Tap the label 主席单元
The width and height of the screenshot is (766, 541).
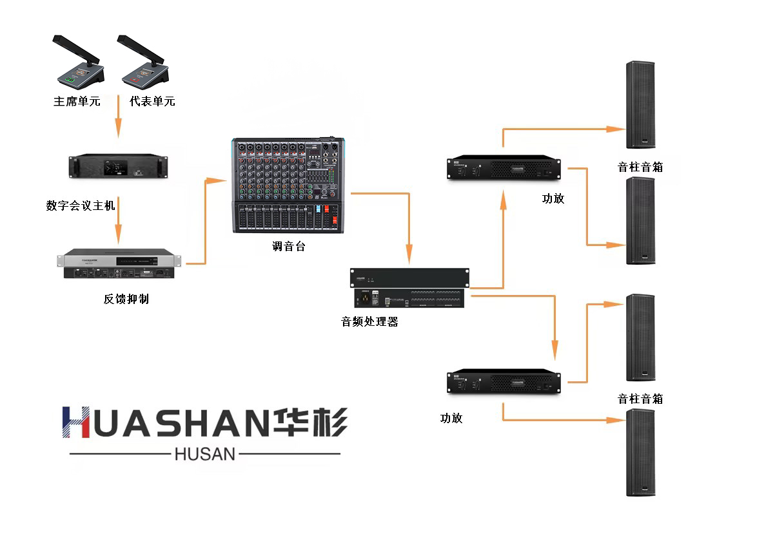point(77,101)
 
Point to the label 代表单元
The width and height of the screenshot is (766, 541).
point(152,101)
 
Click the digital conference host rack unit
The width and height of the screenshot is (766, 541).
point(118,166)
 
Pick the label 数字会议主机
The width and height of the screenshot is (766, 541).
point(81,205)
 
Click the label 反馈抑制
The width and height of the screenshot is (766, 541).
point(126,299)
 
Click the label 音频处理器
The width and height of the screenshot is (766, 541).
point(369,321)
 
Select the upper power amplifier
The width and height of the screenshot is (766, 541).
point(504,167)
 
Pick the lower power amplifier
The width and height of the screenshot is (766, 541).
point(504,382)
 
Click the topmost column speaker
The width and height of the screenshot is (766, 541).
point(641,105)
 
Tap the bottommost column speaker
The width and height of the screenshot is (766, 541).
point(641,452)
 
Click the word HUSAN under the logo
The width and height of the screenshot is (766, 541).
point(205,454)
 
